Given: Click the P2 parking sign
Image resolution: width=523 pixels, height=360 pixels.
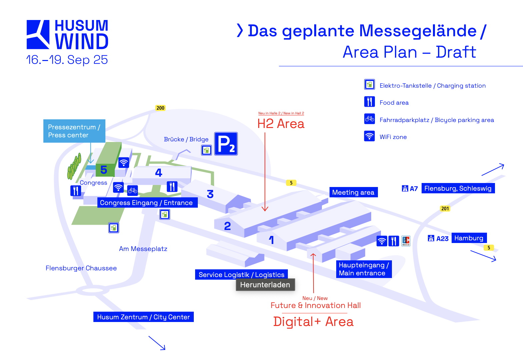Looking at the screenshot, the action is click(x=226, y=144).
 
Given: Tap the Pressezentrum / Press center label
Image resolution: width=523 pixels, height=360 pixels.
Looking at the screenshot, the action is click(x=74, y=131).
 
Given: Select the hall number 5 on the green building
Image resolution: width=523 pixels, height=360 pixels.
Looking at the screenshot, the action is click(x=104, y=170).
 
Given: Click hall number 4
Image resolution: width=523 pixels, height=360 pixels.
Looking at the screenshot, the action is click(x=158, y=173).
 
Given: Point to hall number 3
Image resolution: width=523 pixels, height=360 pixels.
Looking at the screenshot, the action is click(x=210, y=194).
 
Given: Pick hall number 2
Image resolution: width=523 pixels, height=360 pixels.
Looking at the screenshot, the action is click(x=227, y=226).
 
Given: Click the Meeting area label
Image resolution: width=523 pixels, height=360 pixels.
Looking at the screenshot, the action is click(x=354, y=192).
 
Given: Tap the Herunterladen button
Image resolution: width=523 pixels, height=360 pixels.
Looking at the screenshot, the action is click(x=265, y=285).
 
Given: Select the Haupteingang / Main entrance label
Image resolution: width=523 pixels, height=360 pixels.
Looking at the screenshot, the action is click(x=364, y=269).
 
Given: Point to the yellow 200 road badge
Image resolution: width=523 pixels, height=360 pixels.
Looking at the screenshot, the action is click(x=160, y=108).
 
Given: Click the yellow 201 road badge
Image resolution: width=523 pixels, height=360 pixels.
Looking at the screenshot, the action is click(x=445, y=209).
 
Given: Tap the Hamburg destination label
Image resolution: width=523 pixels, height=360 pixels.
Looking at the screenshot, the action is click(x=469, y=238).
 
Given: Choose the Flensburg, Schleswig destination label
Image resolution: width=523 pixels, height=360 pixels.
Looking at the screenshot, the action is click(x=458, y=188).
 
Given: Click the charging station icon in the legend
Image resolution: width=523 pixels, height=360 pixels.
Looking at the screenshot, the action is click(x=369, y=84).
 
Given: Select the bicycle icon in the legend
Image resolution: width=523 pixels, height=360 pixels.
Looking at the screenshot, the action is click(x=369, y=119).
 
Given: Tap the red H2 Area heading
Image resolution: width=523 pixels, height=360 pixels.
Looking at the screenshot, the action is click(x=281, y=124).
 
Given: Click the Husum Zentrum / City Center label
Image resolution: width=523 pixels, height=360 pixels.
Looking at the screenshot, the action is click(x=143, y=317).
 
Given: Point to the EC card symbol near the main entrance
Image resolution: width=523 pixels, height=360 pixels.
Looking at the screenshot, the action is click(x=406, y=241).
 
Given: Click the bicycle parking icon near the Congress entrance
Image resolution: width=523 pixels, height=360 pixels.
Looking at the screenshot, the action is click(x=132, y=190).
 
